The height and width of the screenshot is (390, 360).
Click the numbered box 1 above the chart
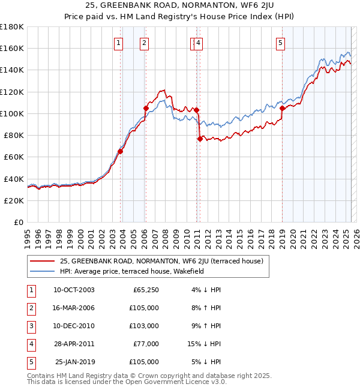pos(119,43)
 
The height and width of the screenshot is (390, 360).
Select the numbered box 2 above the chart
pos(145,43)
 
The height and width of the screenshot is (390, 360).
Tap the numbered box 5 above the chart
pos(281,43)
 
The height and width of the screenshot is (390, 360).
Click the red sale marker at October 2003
pos(121,151)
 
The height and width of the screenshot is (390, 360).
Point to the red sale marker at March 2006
pos(146,108)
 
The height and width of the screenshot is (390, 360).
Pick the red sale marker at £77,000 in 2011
pos(200,139)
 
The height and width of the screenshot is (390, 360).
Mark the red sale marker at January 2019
pos(282,108)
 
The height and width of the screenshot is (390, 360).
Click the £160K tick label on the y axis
pos(12,48)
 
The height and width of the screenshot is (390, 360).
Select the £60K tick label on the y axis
pos(14,157)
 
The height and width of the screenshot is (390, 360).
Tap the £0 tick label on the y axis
pos(19,222)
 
